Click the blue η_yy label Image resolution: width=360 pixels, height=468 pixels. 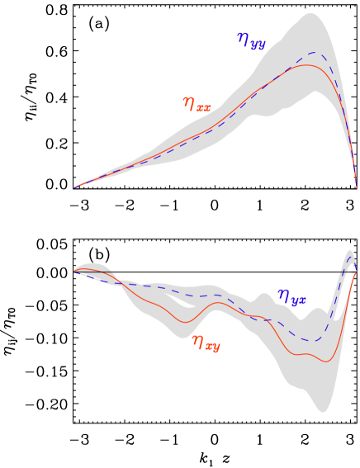coord(251,41)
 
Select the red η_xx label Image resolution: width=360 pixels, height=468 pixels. coord(197,104)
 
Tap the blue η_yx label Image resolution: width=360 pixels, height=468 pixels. coord(291,297)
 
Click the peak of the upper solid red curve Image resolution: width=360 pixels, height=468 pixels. coord(307,65)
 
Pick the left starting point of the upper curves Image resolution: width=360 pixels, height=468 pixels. coord(74,188)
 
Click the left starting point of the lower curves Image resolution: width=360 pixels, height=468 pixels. coord(74,272)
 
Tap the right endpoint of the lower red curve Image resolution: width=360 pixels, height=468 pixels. coord(356,272)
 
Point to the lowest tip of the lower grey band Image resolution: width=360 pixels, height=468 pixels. coord(322,411)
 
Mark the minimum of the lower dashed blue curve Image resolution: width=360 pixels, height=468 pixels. coord(313,340)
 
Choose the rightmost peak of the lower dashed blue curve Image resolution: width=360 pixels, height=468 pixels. coord(351,259)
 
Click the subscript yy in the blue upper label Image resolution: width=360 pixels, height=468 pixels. coord(258,45)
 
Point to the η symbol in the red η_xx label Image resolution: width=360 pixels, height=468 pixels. coord(188,102)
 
